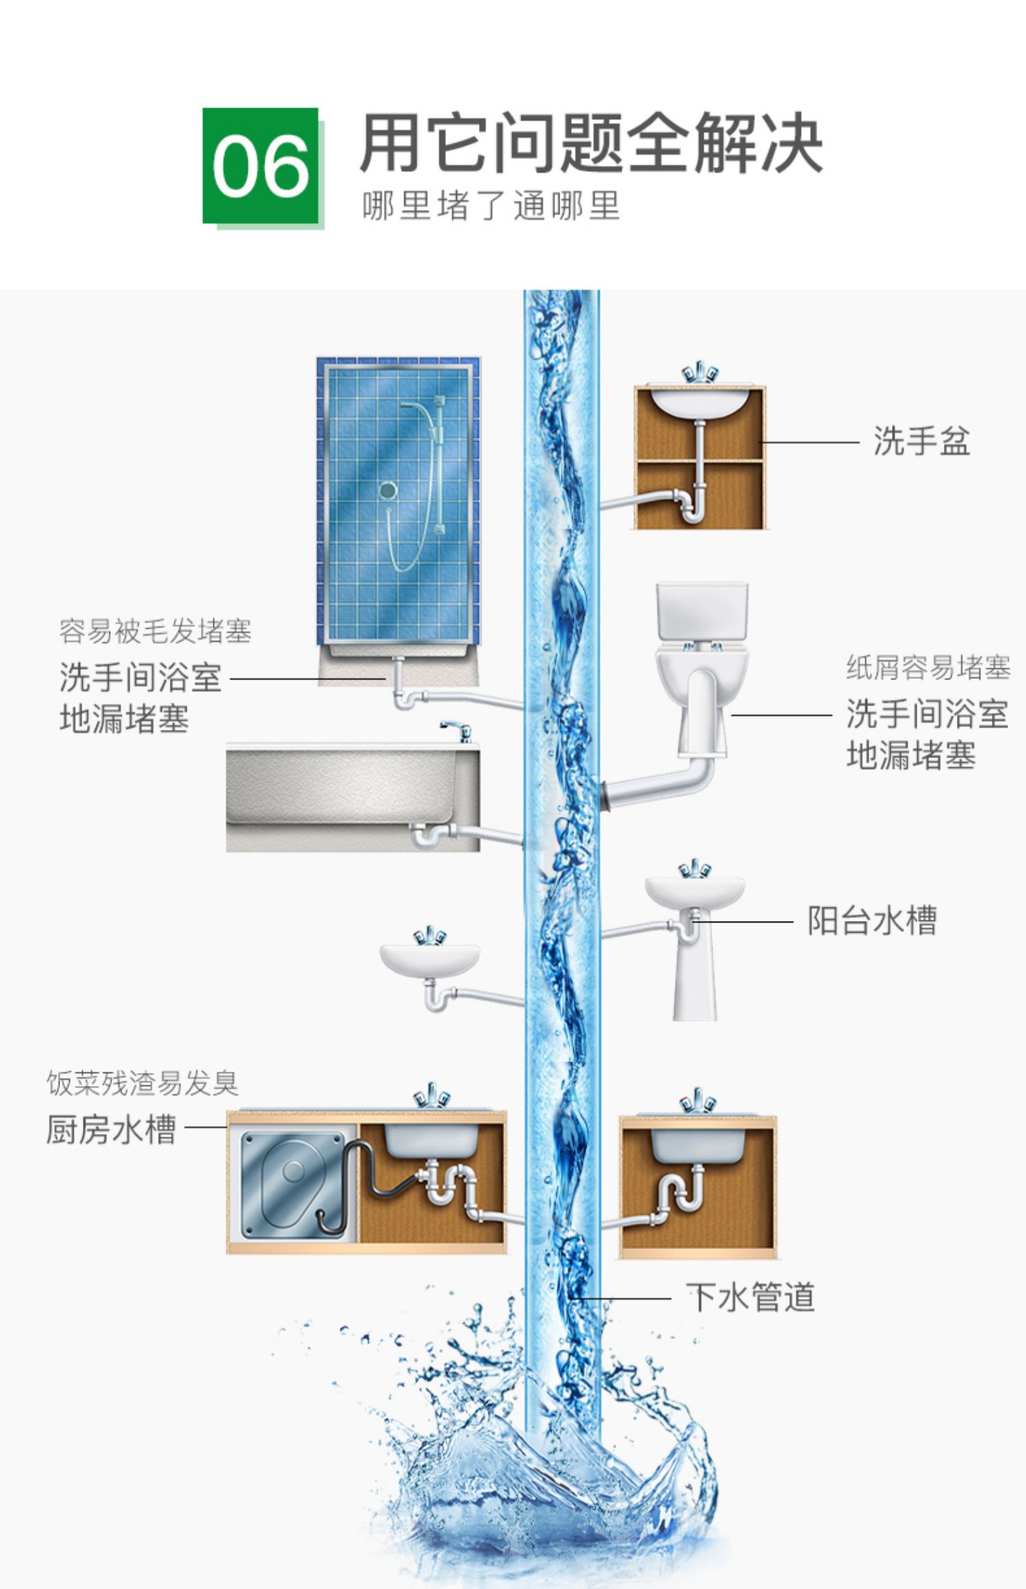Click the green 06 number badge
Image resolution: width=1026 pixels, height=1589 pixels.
[x=261, y=166]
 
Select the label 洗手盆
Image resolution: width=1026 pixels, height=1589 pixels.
[x=921, y=441]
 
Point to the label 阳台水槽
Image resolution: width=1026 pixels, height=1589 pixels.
[x=871, y=921]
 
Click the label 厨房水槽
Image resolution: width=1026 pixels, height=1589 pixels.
[x=111, y=1129]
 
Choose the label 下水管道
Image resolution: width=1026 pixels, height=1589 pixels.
[x=750, y=1297]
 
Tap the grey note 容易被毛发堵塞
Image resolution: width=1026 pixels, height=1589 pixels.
[x=155, y=631]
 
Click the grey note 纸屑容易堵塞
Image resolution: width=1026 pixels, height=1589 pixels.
[x=928, y=667]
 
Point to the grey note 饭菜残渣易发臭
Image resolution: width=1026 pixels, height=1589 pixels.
[x=142, y=1083]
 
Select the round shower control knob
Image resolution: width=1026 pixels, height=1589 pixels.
[x=388, y=490]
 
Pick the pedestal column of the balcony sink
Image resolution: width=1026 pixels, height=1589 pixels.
[x=694, y=979]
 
